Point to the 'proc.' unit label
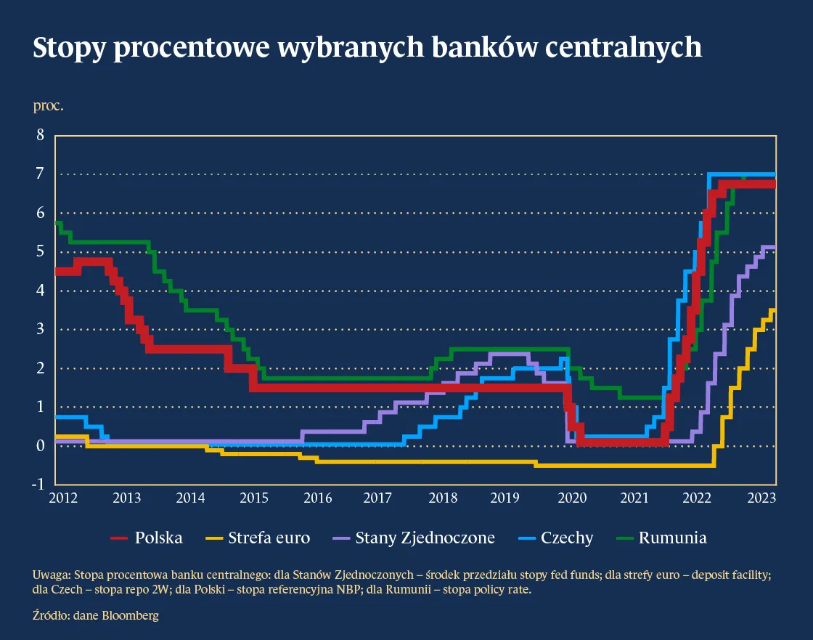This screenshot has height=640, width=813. click(49, 106)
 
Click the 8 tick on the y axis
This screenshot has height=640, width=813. click(41, 135)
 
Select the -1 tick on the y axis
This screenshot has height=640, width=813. click(38, 485)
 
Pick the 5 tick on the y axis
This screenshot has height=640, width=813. click(41, 251)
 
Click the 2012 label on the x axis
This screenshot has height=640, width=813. click(63, 498)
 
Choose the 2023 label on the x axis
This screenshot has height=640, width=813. click(761, 498)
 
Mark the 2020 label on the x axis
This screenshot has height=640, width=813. click(571, 498)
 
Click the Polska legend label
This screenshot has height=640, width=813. click(158, 538)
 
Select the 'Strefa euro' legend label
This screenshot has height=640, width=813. click(269, 538)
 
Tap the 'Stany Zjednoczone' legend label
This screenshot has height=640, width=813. click(425, 538)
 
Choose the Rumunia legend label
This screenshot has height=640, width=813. click(673, 538)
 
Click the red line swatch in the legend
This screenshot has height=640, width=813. click(119, 539)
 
